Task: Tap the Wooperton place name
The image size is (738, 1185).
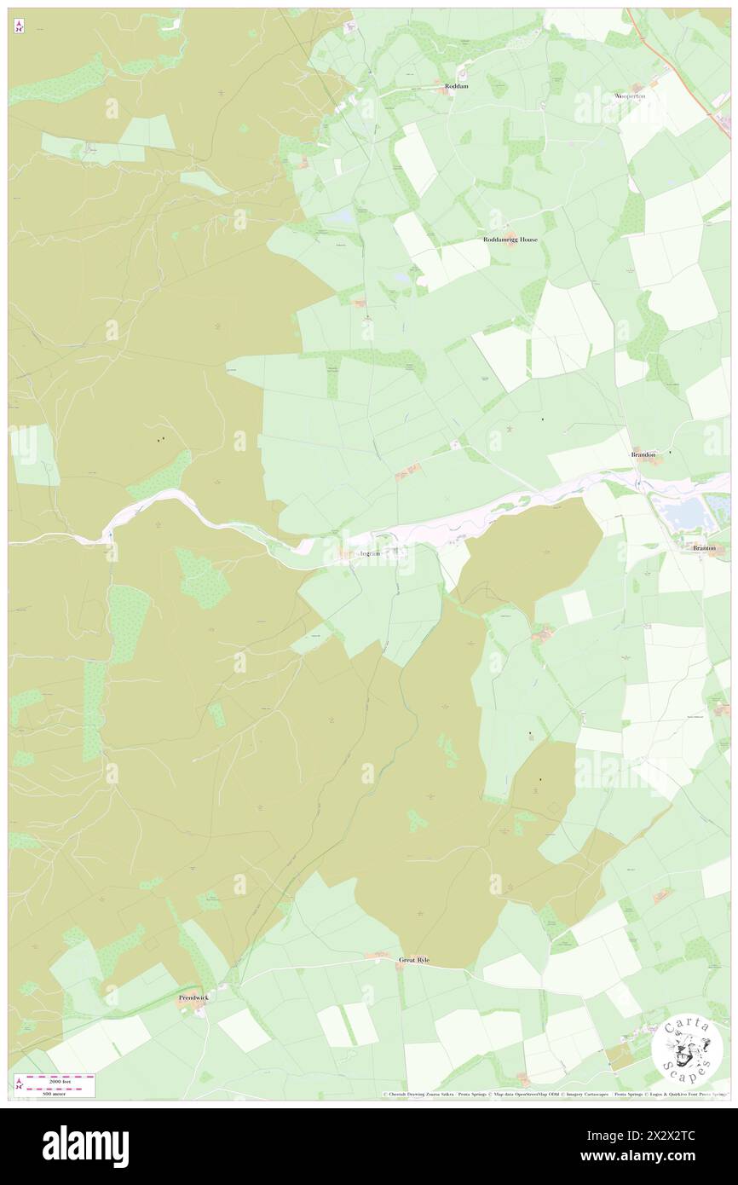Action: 630,96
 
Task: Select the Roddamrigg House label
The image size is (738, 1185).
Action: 510,240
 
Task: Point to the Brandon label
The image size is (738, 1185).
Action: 643,455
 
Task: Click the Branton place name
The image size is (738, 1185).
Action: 704,547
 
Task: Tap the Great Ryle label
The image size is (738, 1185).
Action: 414,960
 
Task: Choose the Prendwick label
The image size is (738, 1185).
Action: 193,997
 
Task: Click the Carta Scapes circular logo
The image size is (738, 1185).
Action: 687,1051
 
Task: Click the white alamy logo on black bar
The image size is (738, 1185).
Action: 85,1146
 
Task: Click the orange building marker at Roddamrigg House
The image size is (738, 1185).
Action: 510,232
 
